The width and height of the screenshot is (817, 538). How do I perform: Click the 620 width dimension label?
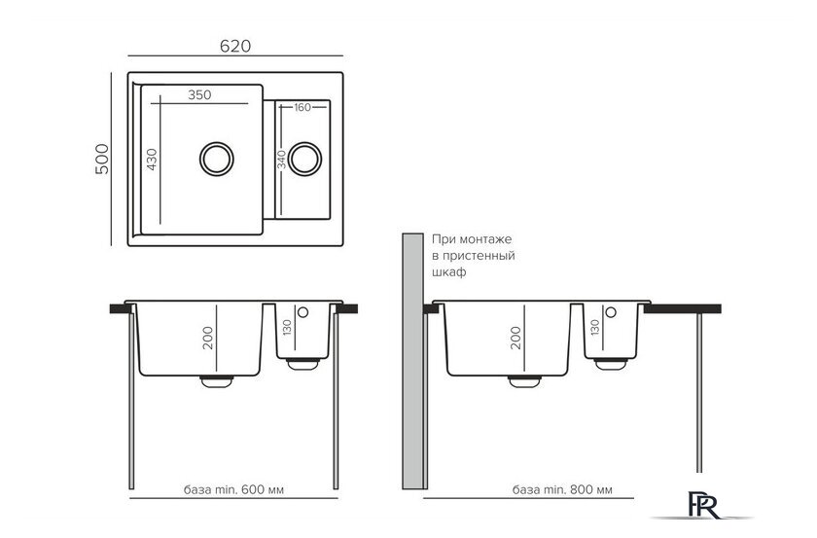[235, 46]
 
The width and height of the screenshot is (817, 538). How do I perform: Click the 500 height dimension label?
[102, 159]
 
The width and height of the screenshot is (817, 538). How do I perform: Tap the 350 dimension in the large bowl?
[199, 95]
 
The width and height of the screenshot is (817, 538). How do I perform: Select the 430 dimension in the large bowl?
[152, 160]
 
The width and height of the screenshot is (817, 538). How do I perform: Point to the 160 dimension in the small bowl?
[302, 107]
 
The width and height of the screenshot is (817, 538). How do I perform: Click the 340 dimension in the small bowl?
[282, 161]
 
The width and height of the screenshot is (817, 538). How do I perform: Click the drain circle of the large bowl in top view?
[217, 159]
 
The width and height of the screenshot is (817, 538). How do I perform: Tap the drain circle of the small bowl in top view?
[304, 159]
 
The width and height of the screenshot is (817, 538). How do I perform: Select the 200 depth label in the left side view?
[208, 338]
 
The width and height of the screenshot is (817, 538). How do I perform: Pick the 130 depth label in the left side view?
[287, 328]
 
